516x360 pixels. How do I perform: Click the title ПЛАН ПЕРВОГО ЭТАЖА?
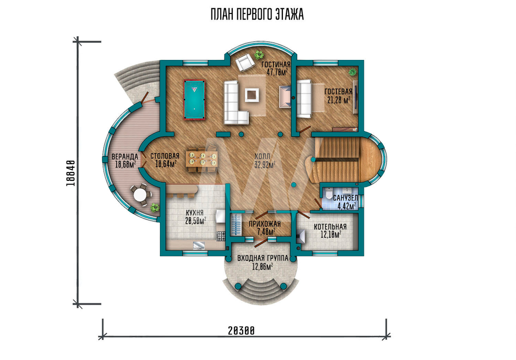257,15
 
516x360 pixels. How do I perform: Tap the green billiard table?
194,100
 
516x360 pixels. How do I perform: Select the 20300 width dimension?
241,331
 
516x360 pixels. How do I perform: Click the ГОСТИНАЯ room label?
276,65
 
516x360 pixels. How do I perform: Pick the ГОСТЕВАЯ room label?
338,91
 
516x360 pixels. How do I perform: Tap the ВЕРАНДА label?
124,156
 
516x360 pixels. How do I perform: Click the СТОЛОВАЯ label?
165,156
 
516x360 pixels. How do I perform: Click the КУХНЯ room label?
194,213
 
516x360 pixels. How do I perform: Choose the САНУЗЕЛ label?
345,198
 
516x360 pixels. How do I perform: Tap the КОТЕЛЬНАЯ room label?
330,227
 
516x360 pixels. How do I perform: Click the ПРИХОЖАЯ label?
265,224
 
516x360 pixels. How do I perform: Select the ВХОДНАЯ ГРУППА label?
263,258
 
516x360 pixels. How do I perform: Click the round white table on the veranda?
141,195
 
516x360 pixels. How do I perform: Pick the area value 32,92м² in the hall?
265,164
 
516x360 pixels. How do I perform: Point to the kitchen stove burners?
220,236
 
